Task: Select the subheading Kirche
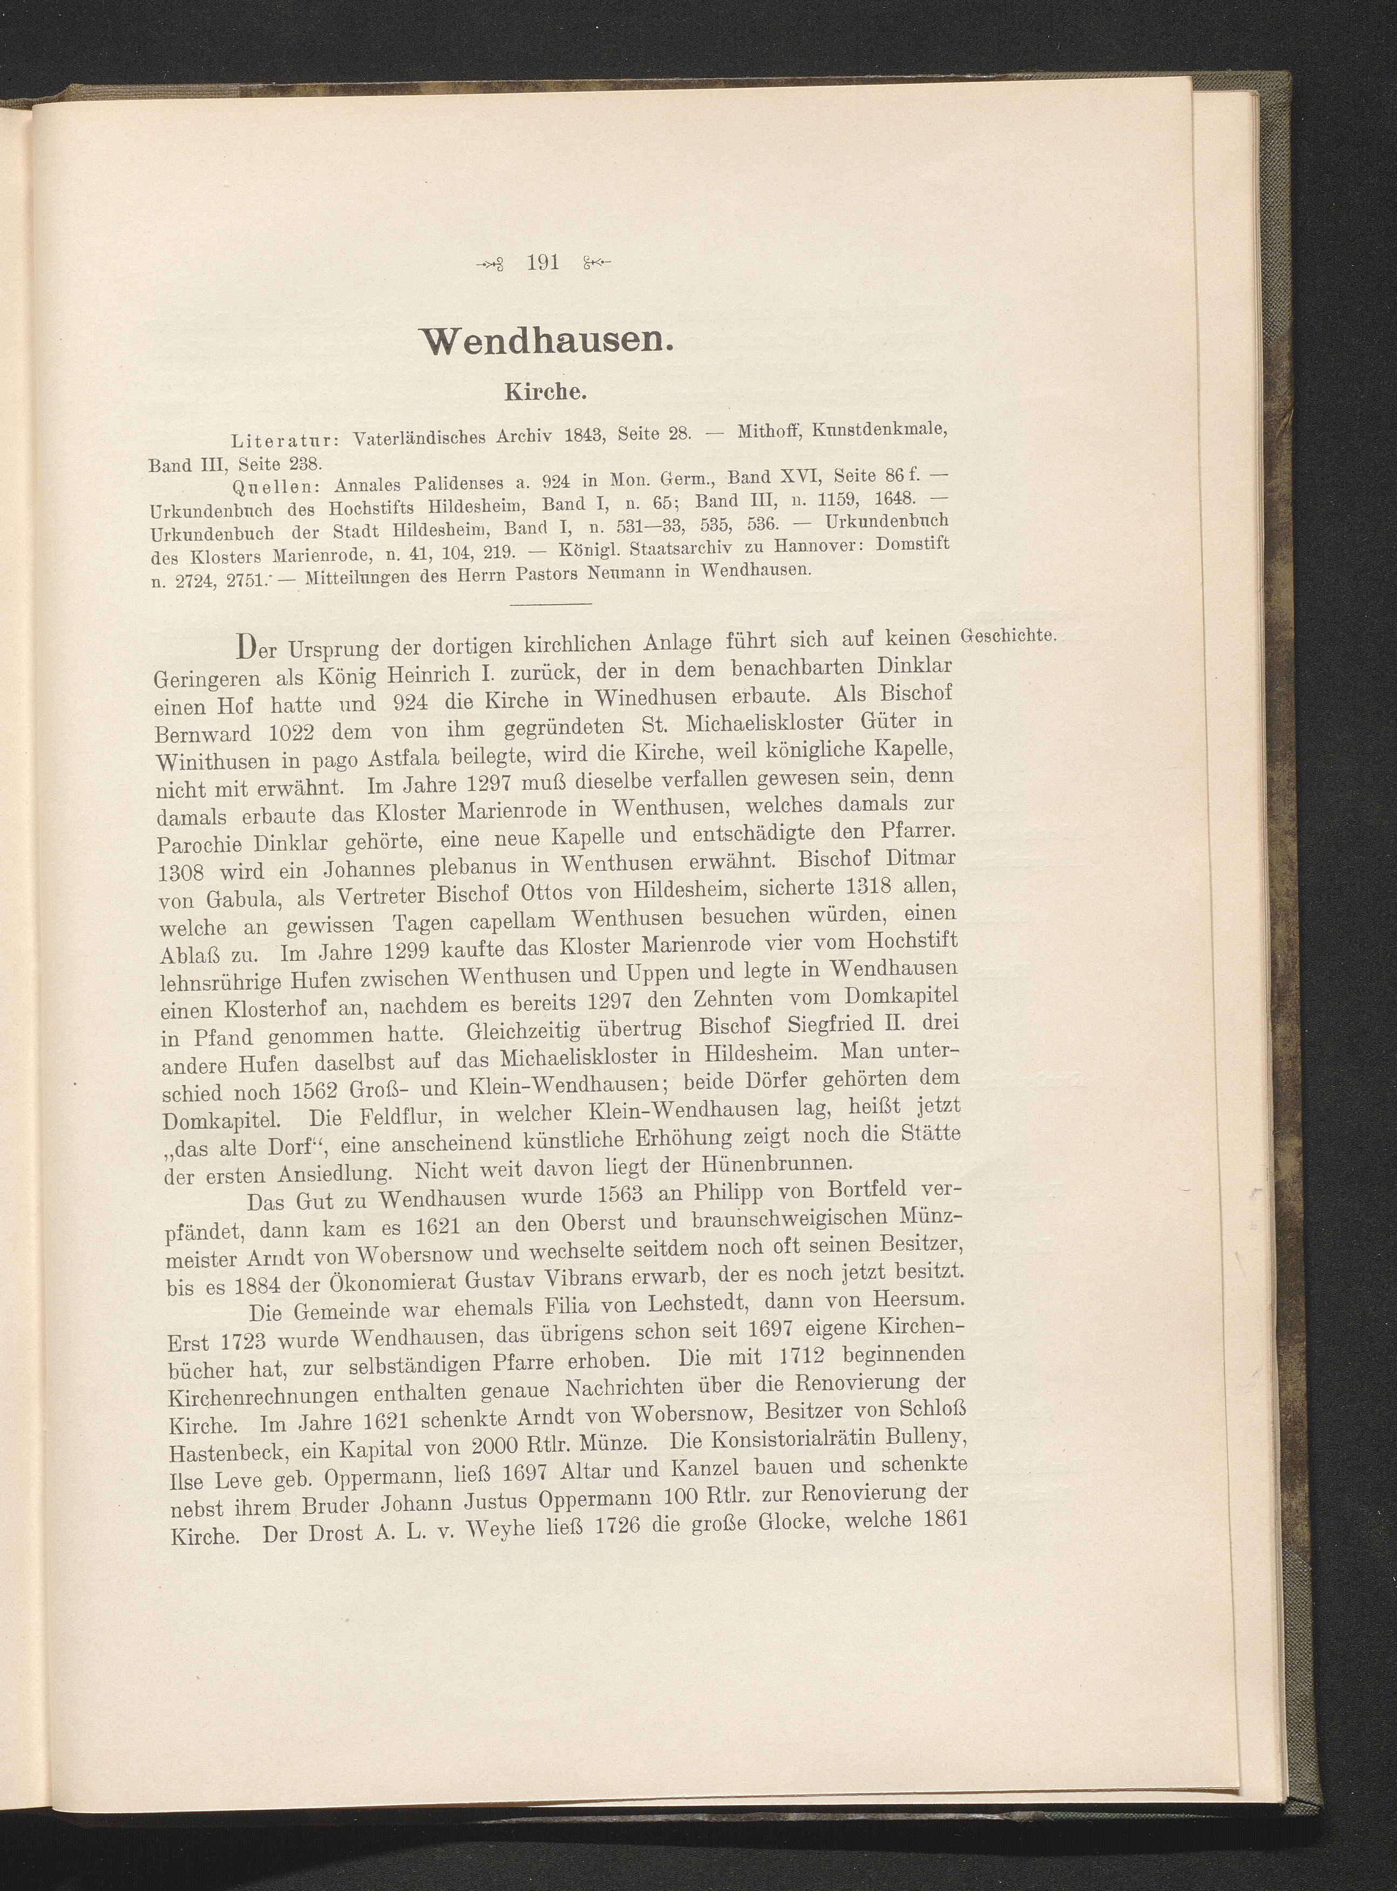coord(545,393)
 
